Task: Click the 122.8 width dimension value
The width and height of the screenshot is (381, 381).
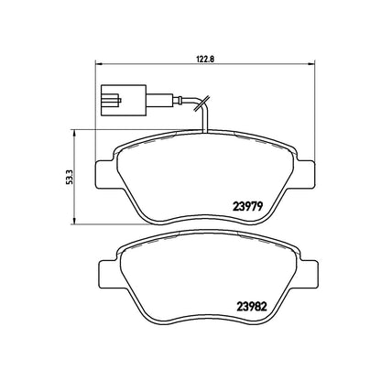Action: [205, 60]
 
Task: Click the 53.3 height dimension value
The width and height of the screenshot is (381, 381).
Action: [69, 178]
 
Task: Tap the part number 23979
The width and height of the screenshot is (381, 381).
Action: [247, 207]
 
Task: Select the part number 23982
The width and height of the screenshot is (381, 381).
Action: [252, 307]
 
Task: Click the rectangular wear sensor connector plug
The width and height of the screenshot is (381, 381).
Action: [124, 100]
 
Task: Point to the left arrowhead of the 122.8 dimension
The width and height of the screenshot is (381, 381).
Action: [99, 64]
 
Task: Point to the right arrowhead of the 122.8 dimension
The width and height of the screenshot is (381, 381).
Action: [311, 64]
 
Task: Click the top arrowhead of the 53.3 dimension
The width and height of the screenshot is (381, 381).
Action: [73, 133]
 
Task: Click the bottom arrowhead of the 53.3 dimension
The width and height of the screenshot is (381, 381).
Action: [73, 222]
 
